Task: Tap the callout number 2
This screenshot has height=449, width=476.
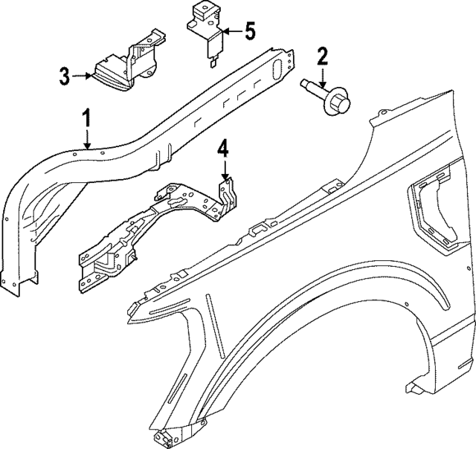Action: coord(322,56)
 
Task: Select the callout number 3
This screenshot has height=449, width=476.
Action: coord(65,75)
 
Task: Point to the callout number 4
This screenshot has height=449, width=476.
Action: coord(223,148)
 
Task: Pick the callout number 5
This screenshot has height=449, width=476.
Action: coord(248,31)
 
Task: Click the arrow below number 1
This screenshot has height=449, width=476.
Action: coord(87,140)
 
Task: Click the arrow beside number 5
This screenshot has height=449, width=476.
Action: coord(229,32)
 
